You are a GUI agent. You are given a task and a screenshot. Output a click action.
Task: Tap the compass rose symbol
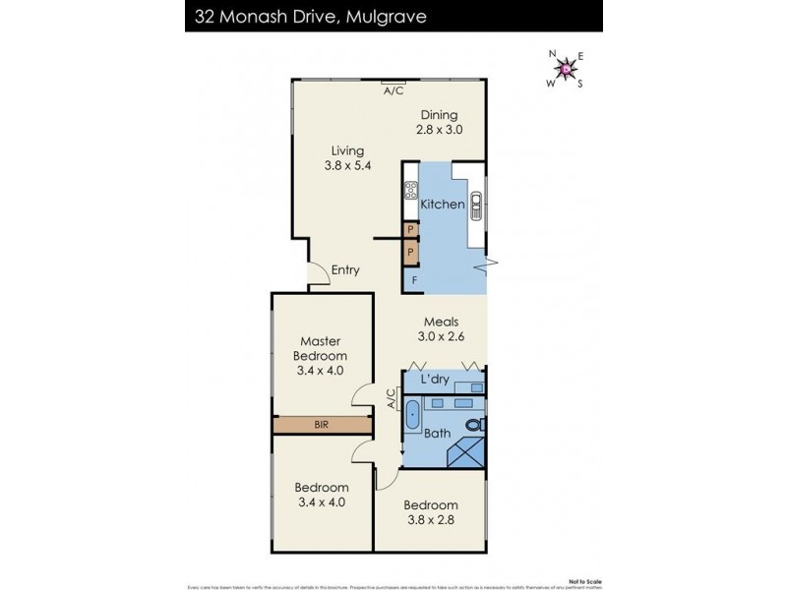[x=566, y=68]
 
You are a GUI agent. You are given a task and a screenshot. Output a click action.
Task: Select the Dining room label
[x=439, y=115]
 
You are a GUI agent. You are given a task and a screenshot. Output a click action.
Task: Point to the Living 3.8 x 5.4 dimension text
[x=347, y=166]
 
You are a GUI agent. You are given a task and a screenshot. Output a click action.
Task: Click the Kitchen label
[x=442, y=205]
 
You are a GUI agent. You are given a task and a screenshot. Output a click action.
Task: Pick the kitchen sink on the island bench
[x=477, y=206]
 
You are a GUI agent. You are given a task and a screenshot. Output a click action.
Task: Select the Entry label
[x=345, y=270]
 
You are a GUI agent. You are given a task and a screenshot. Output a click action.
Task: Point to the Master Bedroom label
[x=321, y=348]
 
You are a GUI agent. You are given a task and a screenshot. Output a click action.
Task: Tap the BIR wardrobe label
[x=321, y=425]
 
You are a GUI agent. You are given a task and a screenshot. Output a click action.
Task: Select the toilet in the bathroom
[x=475, y=425]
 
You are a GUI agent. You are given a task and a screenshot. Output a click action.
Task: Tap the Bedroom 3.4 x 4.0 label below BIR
[x=321, y=495]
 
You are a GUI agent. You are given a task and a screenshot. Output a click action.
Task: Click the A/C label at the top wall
[x=393, y=90]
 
